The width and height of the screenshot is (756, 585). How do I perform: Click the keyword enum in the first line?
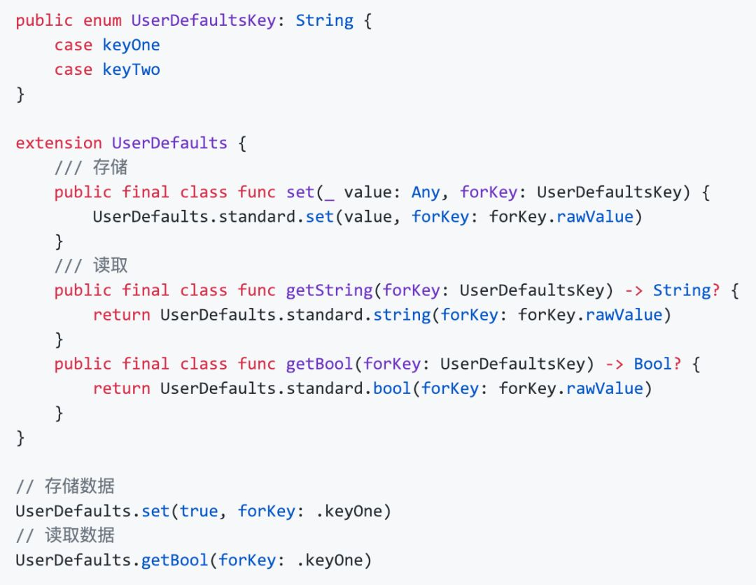point(102,20)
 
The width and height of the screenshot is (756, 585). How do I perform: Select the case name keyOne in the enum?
point(131,45)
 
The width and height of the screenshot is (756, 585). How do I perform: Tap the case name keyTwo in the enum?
point(131,69)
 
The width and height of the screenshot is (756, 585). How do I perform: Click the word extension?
point(59,143)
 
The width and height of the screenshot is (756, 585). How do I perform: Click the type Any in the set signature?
point(426,192)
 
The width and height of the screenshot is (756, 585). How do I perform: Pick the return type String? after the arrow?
point(686,290)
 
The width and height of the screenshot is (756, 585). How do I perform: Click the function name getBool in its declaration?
point(319,364)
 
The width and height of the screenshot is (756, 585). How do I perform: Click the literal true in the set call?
point(198,511)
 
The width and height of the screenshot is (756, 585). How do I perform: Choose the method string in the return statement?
point(401,315)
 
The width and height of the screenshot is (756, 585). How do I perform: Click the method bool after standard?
point(391,388)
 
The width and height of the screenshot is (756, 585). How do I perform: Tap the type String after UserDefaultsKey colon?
point(324,20)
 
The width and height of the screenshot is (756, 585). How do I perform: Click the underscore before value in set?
point(329,193)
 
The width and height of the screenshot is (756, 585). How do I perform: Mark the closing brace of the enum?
point(20,94)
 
